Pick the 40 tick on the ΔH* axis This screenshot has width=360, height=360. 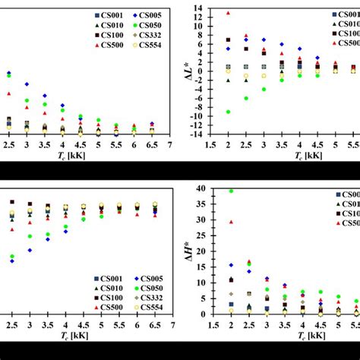point(198,188)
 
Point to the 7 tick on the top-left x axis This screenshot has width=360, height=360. point(170,144)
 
